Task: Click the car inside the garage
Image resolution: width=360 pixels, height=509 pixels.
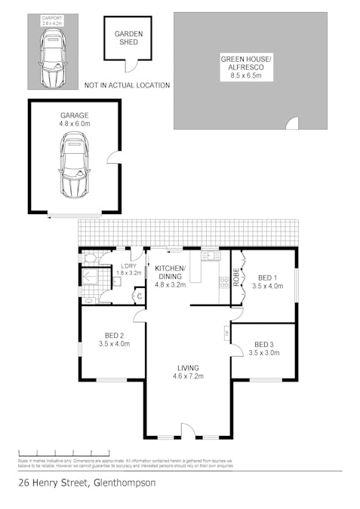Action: [73, 164]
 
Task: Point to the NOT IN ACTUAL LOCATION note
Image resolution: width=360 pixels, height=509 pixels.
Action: [127, 85]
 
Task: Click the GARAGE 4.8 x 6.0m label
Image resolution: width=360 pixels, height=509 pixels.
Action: [74, 119]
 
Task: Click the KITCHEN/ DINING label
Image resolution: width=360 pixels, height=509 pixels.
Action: [170, 273]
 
